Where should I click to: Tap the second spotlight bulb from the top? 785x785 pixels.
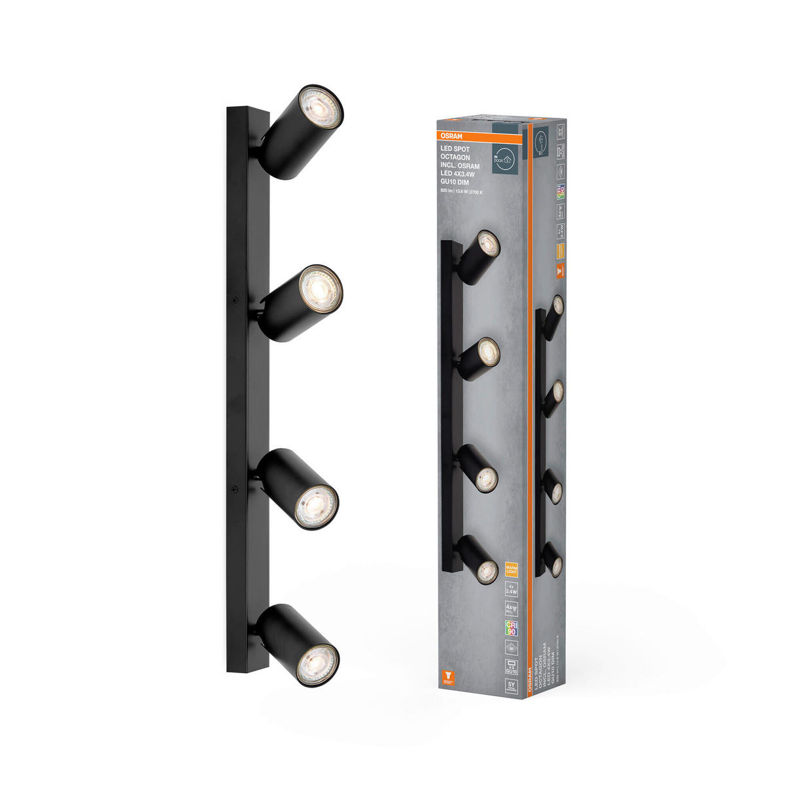(321, 286)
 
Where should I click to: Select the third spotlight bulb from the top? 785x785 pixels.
(316, 507)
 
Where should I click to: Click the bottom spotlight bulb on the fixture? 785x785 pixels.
(317, 664)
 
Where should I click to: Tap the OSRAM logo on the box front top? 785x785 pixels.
(449, 136)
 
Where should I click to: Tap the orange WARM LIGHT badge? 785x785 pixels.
(511, 567)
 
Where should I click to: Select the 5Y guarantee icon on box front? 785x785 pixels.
(511, 686)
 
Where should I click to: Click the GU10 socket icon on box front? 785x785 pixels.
(511, 666)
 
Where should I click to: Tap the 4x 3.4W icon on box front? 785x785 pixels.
(511, 589)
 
